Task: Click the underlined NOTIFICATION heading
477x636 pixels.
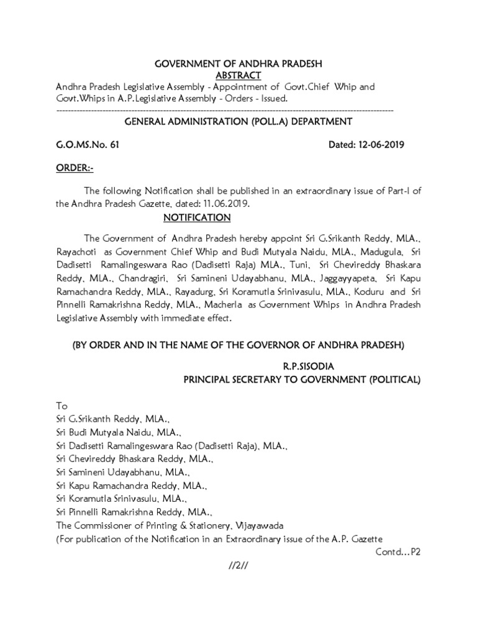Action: coord(197,217)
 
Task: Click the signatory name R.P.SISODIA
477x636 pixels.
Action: coord(301,366)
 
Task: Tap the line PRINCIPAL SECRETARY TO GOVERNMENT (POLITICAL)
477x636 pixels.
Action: coord(301,379)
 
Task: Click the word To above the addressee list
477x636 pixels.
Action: coord(61,405)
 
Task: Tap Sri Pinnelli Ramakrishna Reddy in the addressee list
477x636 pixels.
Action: coord(134,514)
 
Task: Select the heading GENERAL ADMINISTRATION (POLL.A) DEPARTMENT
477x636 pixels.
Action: coord(238,121)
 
